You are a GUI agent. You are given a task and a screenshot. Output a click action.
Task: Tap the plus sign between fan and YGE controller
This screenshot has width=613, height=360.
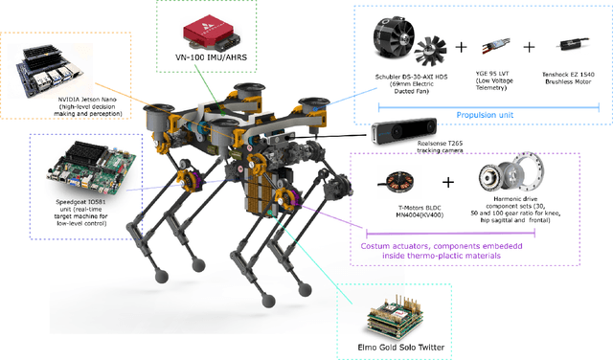pos(461,47)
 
